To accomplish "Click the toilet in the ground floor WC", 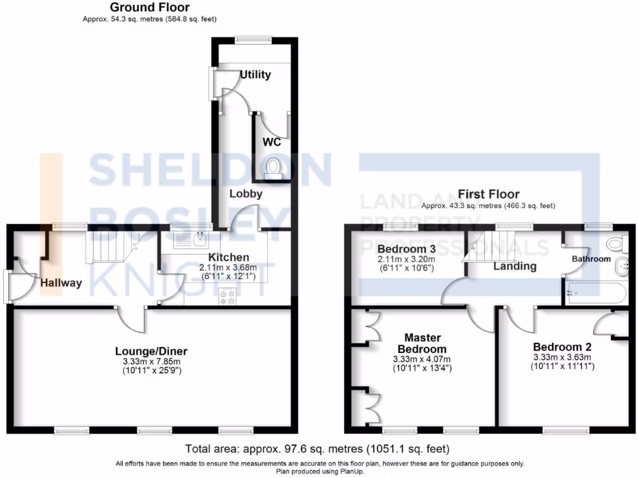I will click(x=273, y=169).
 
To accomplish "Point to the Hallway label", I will click(x=61, y=283).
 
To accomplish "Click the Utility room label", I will click(x=255, y=75).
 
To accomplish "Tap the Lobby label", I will click(x=245, y=194).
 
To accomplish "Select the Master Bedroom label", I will click(x=422, y=344).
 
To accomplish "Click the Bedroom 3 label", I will click(x=406, y=249).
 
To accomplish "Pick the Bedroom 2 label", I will click(x=562, y=347).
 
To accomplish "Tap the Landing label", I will click(x=515, y=266).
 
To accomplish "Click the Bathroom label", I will click(x=592, y=259).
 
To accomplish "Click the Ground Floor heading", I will click(x=150, y=7).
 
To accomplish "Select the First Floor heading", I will click(x=488, y=194).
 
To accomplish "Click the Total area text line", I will click(x=318, y=449).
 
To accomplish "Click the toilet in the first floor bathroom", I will click(x=617, y=242).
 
